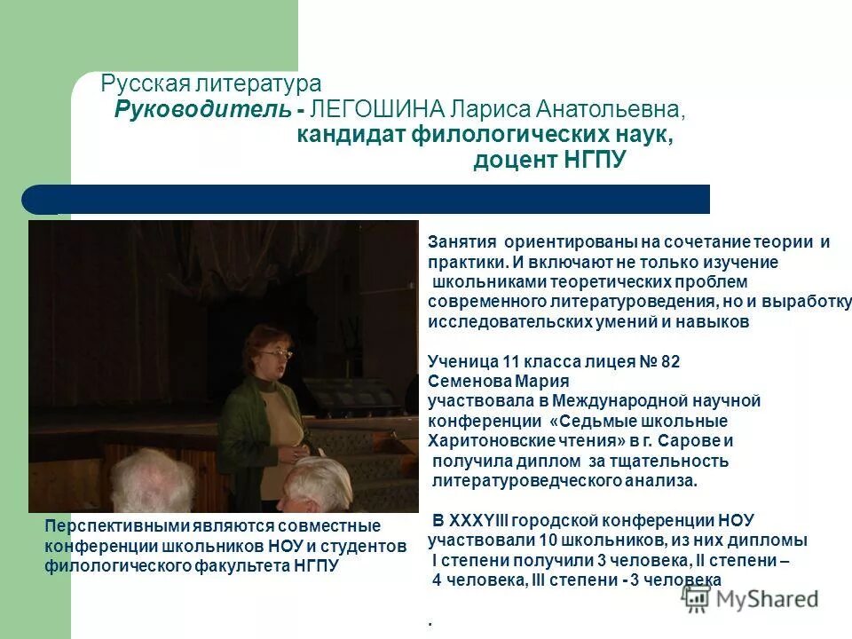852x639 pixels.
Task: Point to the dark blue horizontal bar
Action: click(x=373, y=199)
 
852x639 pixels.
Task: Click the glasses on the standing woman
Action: click(x=275, y=354)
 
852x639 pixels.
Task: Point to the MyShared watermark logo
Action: click(x=752, y=598)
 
